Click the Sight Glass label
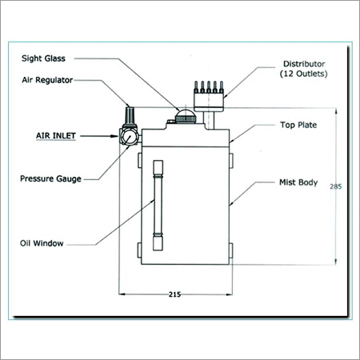click(x=43, y=58)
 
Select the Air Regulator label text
click(x=47, y=80)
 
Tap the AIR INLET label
click(x=56, y=136)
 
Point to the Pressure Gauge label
click(x=50, y=178)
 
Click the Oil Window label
click(x=42, y=243)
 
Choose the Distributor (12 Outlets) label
click(x=304, y=69)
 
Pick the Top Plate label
click(x=298, y=125)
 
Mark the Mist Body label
click(x=298, y=182)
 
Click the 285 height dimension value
click(x=335, y=186)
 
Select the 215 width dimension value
click(x=174, y=294)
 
